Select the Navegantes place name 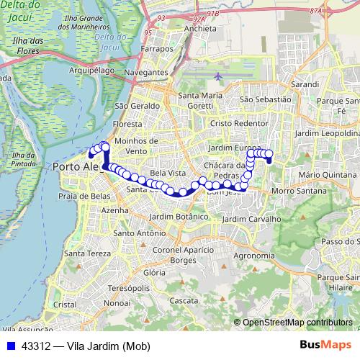pyautogui.click(x=147, y=73)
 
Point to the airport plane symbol pyautogui.click(x=218, y=75)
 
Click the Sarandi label pyautogui.click(x=305, y=84)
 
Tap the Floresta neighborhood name pyautogui.click(x=128, y=123)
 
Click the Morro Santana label pyautogui.click(x=295, y=190)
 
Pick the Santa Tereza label pyautogui.click(x=87, y=253)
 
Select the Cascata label pyautogui.click(x=183, y=300)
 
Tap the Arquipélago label pyautogui.click(x=91, y=71)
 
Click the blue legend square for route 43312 pyautogui.click(x=10, y=346)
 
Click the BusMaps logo pyautogui.click(x=326, y=346)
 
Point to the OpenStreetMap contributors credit pyautogui.click(x=297, y=322)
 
